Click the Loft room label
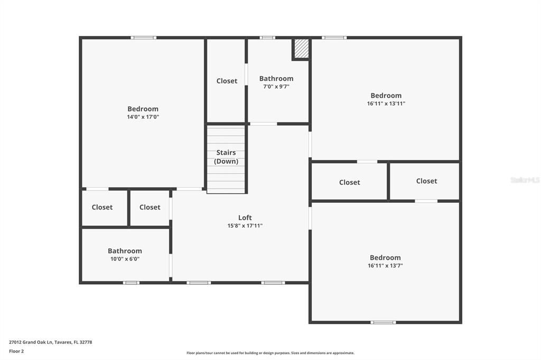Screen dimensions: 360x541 (245, 217)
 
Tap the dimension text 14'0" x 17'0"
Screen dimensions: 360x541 (143, 117)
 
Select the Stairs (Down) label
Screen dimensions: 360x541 (226, 157)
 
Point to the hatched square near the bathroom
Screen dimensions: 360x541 (301, 49)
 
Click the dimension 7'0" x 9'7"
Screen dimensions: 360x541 (276, 87)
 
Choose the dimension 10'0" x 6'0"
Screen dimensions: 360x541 (125, 259)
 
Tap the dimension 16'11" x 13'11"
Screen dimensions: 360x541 (386, 104)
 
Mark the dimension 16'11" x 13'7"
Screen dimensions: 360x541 (385, 266)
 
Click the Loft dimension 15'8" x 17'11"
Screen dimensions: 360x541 (245, 226)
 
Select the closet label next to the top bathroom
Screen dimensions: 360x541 (227, 81)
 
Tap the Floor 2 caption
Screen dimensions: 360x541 (16, 351)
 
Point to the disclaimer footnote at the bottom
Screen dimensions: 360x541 (270, 353)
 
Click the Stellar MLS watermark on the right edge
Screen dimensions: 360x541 (525, 180)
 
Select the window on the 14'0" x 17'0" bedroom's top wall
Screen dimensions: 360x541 (143, 37)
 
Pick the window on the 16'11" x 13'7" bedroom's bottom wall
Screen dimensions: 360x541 (383, 322)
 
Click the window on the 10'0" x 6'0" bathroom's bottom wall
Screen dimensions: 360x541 (131, 283)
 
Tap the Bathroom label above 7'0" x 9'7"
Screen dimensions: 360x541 (276, 79)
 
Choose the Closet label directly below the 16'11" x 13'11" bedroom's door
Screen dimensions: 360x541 (349, 182)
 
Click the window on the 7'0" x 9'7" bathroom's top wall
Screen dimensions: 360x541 (267, 37)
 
